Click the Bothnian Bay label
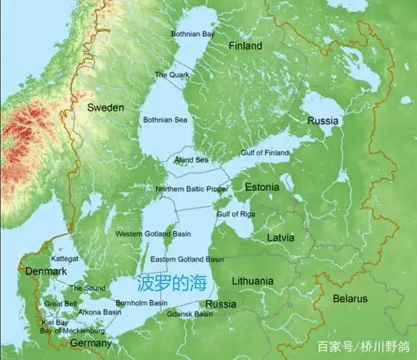click(x=193, y=34)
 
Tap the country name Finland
click(x=245, y=46)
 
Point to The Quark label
click(x=171, y=75)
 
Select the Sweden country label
click(x=106, y=107)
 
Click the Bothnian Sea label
click(x=166, y=119)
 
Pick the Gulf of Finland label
click(x=264, y=153)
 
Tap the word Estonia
click(x=262, y=187)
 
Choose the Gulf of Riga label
click(x=236, y=215)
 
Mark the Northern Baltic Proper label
click(x=192, y=189)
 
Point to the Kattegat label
click(x=65, y=257)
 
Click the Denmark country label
click(x=46, y=271)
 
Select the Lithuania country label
click(x=253, y=281)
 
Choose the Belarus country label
click(x=351, y=298)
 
